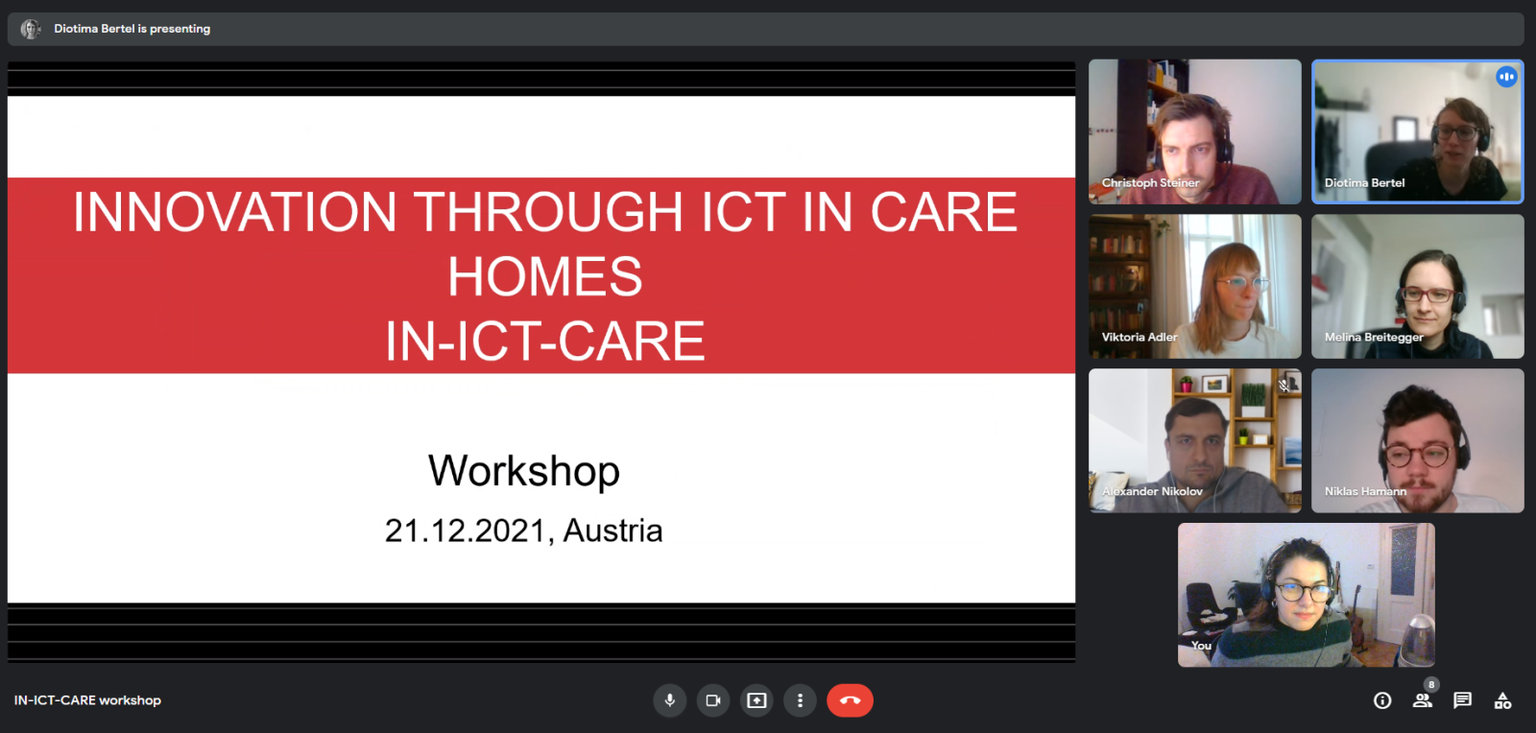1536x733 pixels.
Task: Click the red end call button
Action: (x=850, y=700)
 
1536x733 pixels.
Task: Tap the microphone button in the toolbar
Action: (x=670, y=700)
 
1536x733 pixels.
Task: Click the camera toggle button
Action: (x=713, y=700)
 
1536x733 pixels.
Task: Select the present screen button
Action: (x=756, y=700)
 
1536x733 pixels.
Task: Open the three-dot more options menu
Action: (x=800, y=700)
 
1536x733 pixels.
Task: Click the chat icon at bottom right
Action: (x=1462, y=700)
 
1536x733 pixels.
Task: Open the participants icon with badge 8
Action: (x=1423, y=698)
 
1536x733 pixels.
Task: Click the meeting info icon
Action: (x=1382, y=700)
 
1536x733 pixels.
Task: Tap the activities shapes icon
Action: (x=1502, y=700)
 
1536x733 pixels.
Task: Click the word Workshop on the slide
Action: (x=524, y=471)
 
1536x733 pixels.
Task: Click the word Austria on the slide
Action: (x=613, y=531)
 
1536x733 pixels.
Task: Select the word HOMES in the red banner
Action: (x=545, y=276)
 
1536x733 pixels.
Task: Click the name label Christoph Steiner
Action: (x=1151, y=183)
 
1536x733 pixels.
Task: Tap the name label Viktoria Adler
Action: (x=1140, y=337)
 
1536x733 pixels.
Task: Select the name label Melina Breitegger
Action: (x=1374, y=337)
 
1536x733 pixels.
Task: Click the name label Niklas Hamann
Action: (x=1365, y=491)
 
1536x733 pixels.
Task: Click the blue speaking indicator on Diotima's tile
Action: (x=1506, y=77)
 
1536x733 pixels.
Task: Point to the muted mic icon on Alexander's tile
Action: (x=1284, y=386)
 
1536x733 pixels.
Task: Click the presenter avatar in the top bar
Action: (x=30, y=29)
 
